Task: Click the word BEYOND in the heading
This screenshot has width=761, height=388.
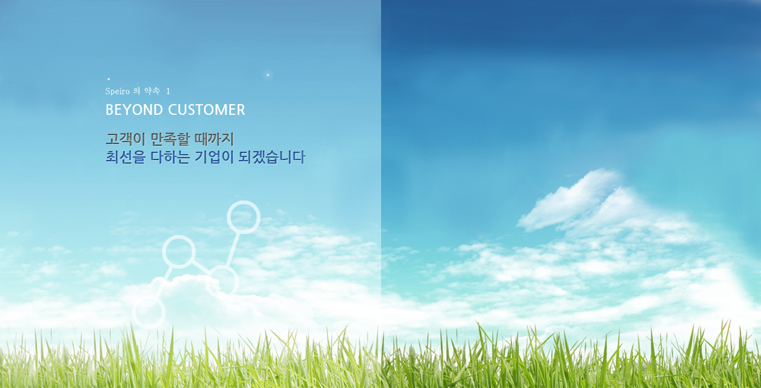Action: coord(134,110)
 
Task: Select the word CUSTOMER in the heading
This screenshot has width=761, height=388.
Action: coord(206,110)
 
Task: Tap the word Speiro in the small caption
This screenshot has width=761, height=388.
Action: coord(118,91)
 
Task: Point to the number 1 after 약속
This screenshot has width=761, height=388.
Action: coord(168,91)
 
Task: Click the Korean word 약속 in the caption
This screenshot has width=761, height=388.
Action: coord(152,91)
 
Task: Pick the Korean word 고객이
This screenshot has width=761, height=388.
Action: coord(125,139)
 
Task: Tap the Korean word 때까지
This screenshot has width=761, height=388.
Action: coord(215,139)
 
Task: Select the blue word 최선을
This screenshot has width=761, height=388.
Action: coord(125,157)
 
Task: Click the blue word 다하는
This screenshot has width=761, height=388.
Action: coord(170,157)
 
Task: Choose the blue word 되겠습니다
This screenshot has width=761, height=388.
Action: coord(272,157)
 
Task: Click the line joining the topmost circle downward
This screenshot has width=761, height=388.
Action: coord(232,250)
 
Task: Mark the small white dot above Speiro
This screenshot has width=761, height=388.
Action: coord(109,79)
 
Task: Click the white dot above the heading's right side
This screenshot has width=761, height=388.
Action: coord(268,75)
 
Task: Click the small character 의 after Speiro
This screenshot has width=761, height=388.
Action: coord(137,91)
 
